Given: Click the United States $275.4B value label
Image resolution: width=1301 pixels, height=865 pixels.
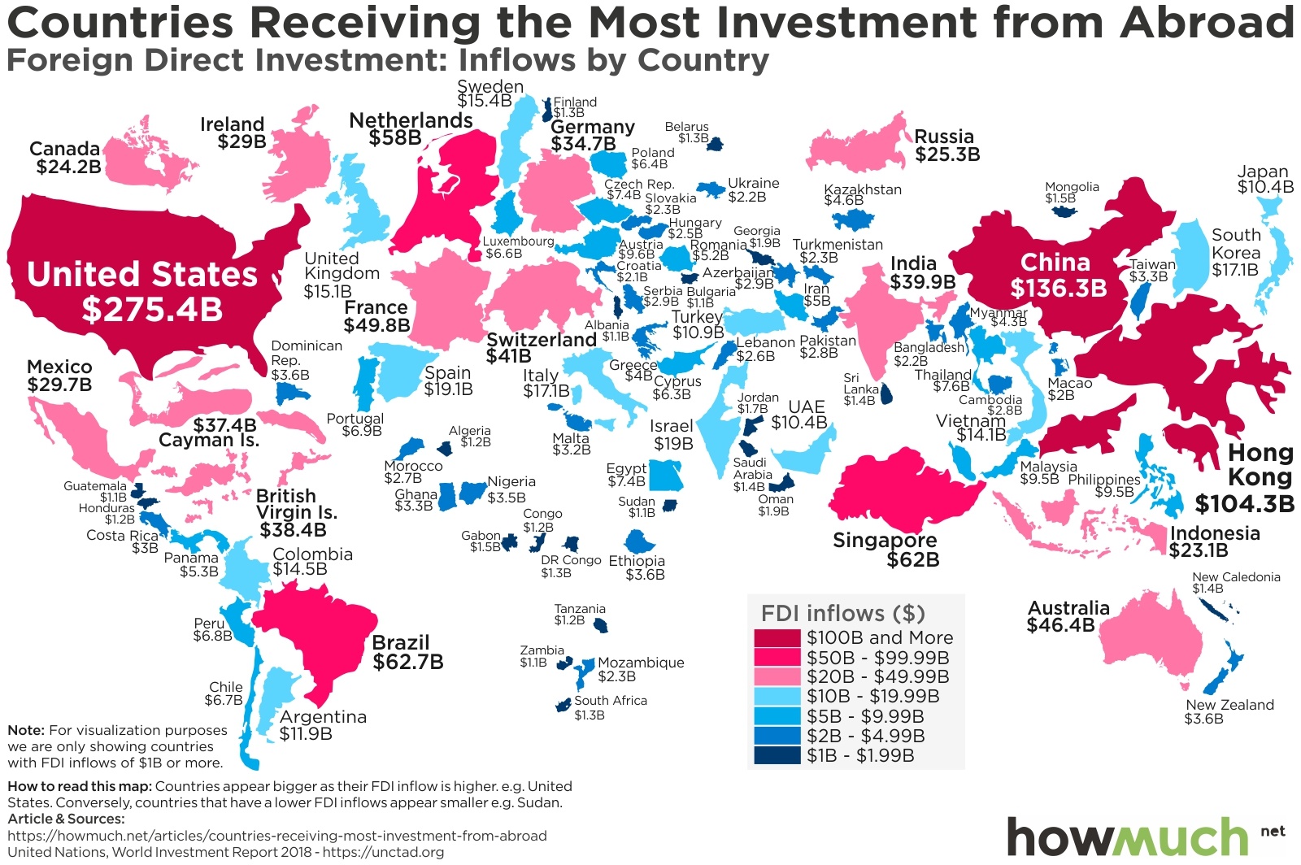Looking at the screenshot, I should [x=152, y=310].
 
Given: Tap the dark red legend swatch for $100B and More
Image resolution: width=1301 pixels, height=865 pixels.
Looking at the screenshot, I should [x=777, y=638].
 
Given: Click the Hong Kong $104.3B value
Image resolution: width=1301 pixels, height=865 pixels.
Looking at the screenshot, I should [x=1244, y=503].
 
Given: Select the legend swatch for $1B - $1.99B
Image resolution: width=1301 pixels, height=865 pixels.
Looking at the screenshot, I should [x=777, y=755].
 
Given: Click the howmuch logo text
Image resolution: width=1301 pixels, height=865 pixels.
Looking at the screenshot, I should [x=1126, y=837].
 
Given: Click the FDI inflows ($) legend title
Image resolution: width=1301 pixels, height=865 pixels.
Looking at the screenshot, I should [x=842, y=613].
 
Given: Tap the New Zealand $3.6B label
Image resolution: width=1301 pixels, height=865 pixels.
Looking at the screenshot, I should [x=1204, y=719].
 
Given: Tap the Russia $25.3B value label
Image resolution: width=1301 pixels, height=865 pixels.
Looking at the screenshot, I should [x=947, y=154].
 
